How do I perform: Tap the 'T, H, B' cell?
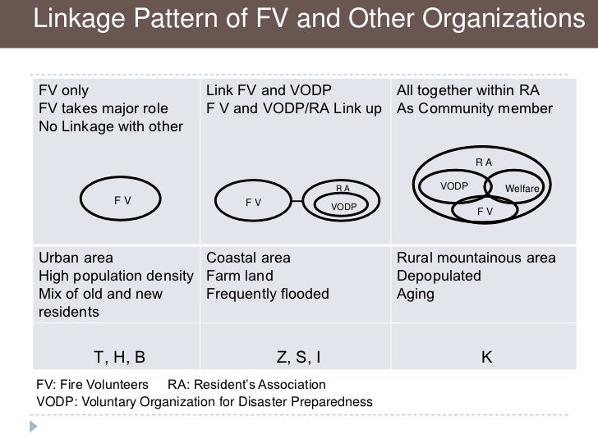(120, 357)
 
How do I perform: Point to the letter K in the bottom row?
(486, 357)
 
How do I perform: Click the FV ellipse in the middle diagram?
(253, 202)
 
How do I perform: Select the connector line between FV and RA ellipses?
(302, 199)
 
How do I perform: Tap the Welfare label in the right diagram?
(522, 190)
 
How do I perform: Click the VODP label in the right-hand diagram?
(453, 186)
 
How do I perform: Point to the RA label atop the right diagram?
(484, 162)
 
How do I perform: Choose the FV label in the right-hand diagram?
(485, 211)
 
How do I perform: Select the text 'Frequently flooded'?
(267, 294)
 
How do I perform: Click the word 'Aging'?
(415, 294)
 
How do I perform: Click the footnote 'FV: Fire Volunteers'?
(93, 385)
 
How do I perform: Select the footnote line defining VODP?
(205, 402)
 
